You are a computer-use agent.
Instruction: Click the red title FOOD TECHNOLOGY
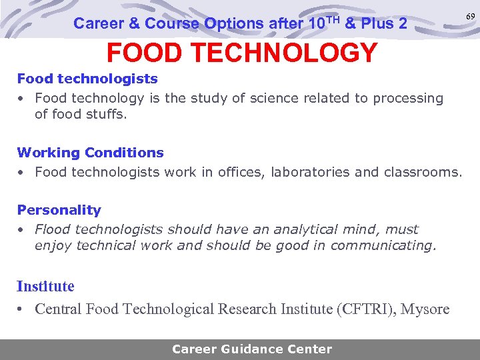pyautogui.click(x=242, y=53)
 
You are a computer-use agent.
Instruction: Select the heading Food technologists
pyautogui.click(x=87, y=79)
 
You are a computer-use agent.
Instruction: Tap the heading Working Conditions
pyautogui.click(x=90, y=153)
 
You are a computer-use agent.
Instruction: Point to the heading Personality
pyautogui.click(x=59, y=210)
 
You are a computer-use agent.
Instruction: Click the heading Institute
pyautogui.click(x=45, y=287)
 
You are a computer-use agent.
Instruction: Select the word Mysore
pyautogui.click(x=425, y=309)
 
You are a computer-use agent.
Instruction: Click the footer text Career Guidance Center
pyautogui.click(x=252, y=349)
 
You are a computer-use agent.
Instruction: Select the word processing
pyautogui.click(x=408, y=98)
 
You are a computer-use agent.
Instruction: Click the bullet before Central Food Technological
pyautogui.click(x=21, y=309)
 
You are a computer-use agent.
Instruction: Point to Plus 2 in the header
pyautogui.click(x=385, y=24)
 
